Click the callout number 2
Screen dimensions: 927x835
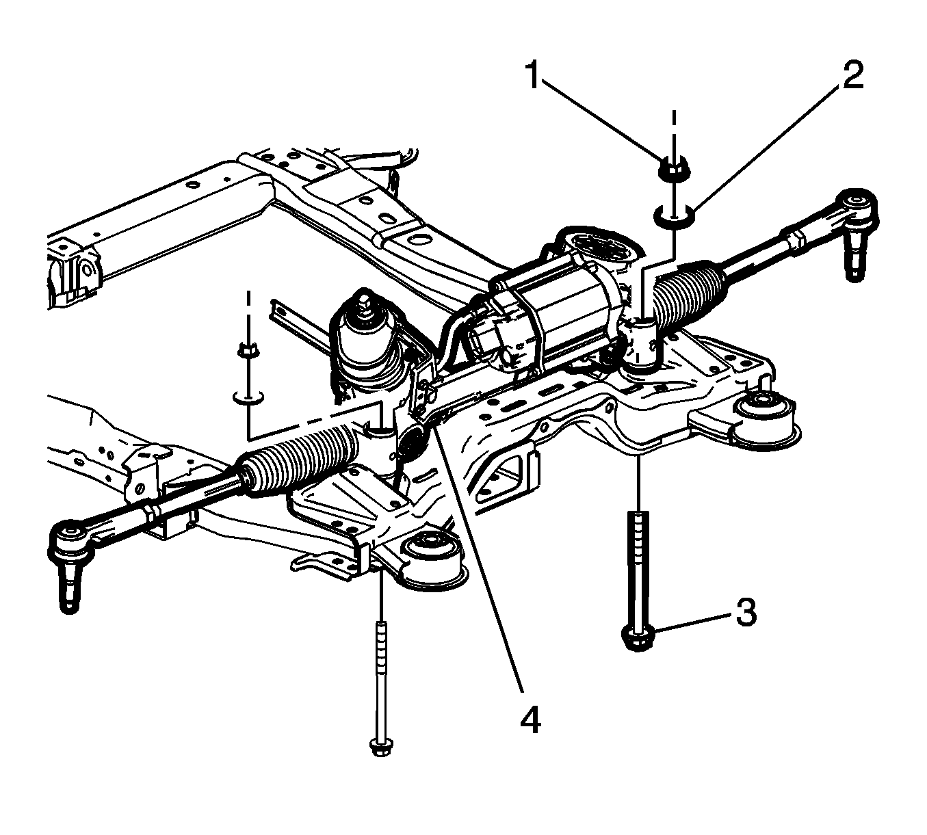coord(852,75)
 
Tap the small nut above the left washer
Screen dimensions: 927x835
coord(248,350)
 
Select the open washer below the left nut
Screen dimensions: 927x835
coord(248,397)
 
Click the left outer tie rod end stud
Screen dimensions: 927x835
coord(69,585)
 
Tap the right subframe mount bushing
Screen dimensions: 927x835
coord(763,416)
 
